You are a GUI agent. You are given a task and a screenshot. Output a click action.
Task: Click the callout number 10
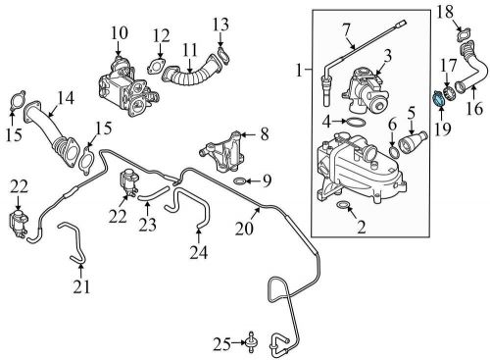point(119,34)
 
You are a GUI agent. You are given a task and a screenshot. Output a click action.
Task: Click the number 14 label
point(67,97)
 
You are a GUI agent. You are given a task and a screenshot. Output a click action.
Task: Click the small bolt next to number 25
point(255,342)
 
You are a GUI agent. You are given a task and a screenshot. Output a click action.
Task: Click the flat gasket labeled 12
point(154,67)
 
